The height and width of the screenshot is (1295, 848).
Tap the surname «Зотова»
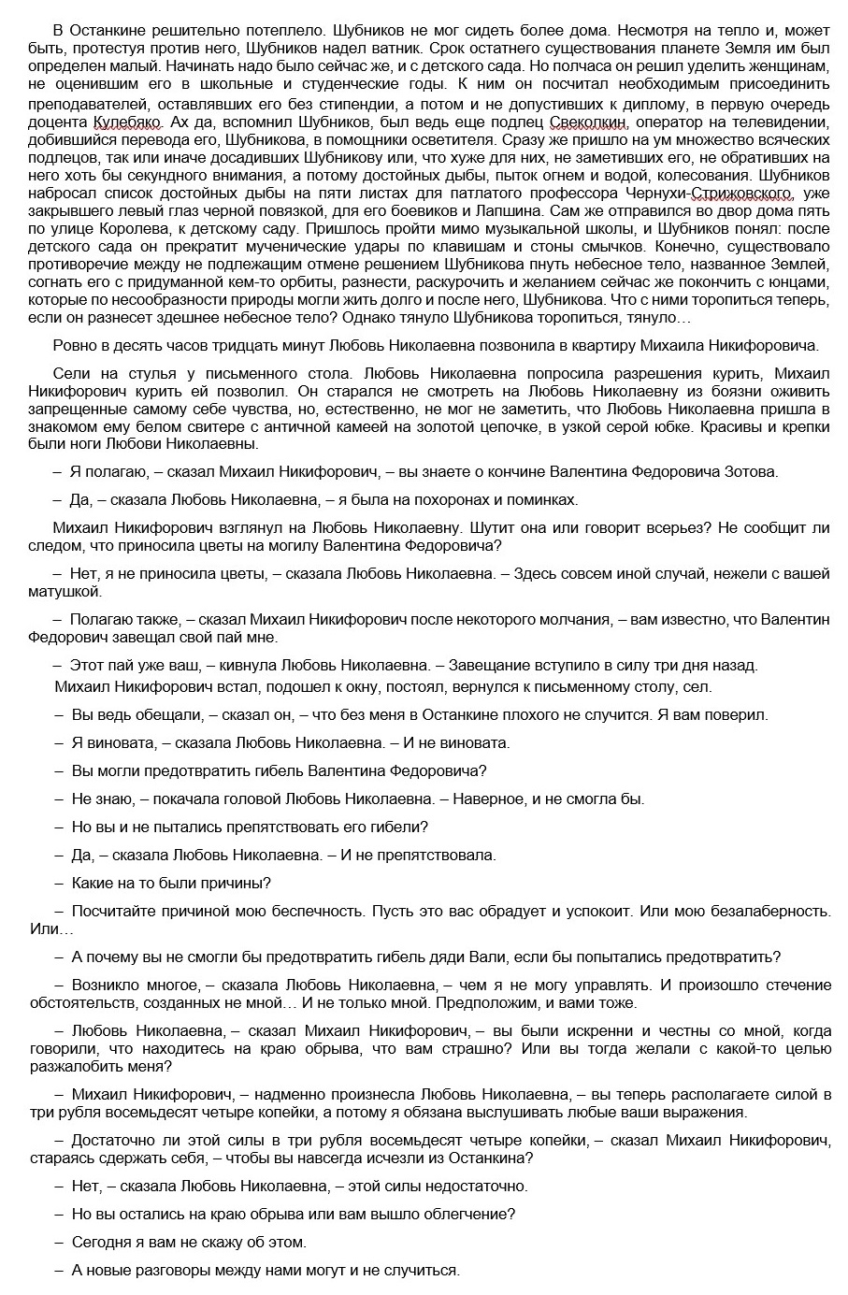[x=752, y=472]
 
